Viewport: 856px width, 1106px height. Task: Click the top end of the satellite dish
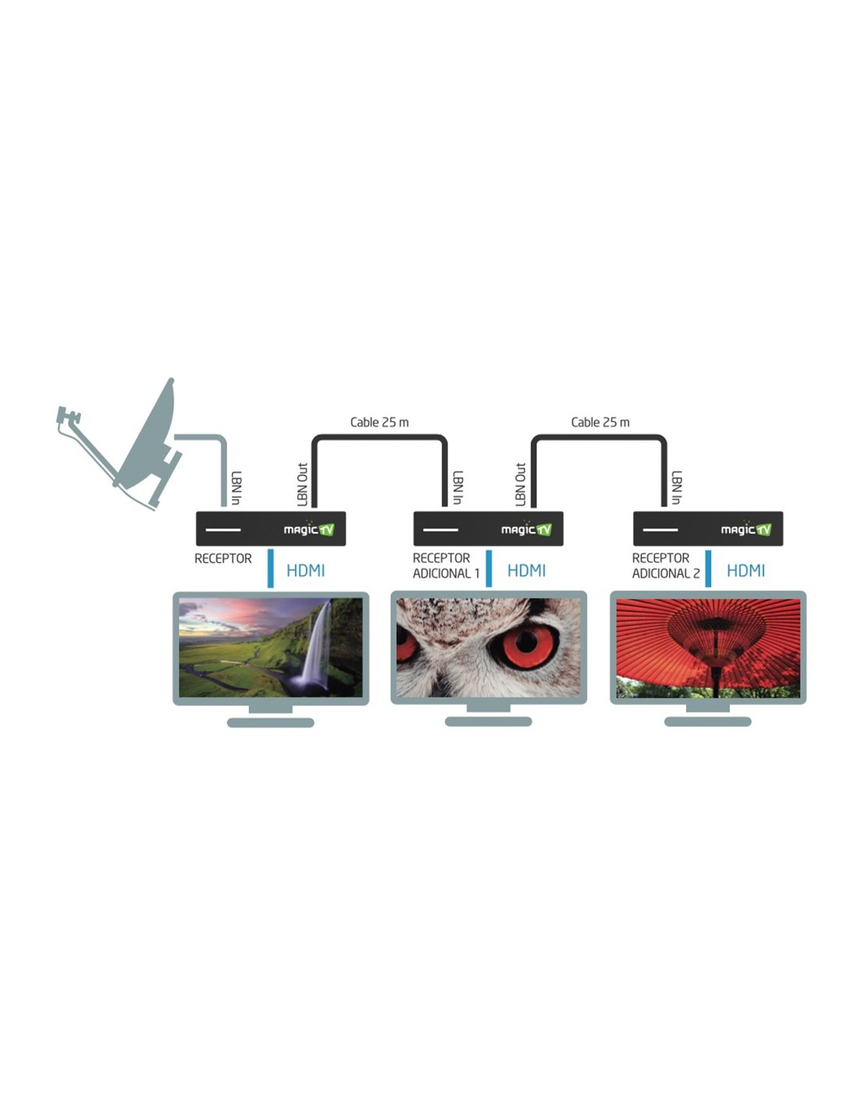coord(171,380)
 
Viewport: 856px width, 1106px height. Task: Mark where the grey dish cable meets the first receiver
coord(223,506)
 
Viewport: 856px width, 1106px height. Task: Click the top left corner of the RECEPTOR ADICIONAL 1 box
coord(413,512)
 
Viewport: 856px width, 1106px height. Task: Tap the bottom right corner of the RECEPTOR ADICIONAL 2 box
coord(783,546)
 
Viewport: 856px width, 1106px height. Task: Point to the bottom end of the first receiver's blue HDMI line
coord(270,587)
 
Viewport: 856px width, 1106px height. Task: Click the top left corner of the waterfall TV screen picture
coord(179,599)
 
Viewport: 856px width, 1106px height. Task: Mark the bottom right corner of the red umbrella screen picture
coord(800,698)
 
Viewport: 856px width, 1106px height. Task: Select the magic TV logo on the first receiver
coord(309,530)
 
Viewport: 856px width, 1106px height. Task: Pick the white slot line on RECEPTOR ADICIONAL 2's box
coord(660,530)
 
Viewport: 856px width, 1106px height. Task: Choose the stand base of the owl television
coord(489,721)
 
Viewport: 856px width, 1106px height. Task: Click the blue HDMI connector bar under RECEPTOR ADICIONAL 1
coord(489,568)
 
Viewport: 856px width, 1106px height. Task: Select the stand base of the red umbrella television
coord(708,721)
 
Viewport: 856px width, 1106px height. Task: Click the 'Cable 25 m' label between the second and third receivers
coord(600,422)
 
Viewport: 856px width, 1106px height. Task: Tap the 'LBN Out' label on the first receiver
coord(303,484)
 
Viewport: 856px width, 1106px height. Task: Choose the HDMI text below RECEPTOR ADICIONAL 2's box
coord(745,571)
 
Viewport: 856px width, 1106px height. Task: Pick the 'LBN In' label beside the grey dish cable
coord(236,488)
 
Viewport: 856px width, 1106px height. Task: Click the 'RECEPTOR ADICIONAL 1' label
coord(446,565)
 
